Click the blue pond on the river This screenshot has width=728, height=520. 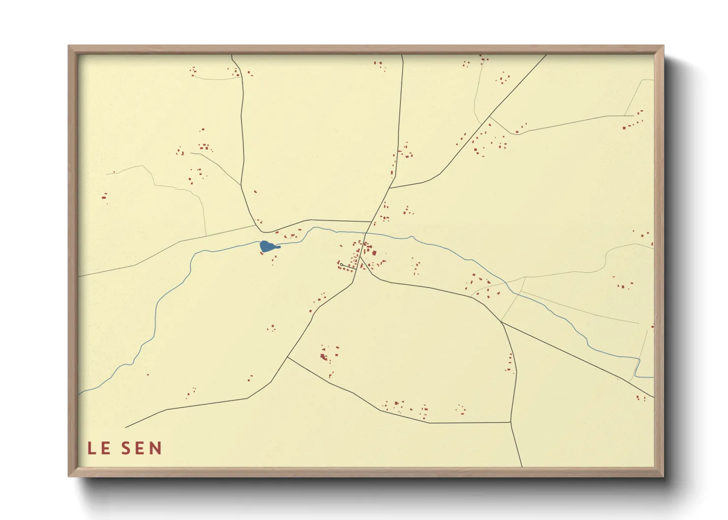coord(267,246)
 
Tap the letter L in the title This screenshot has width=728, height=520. coord(91,448)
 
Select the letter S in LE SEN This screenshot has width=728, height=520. coord(126,448)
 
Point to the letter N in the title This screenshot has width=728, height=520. coord(156,448)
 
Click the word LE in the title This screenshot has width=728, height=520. coord(98,448)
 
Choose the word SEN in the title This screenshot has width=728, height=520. coord(141,448)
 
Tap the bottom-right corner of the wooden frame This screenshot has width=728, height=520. coord(663,476)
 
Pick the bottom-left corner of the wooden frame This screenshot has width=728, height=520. coord(69,476)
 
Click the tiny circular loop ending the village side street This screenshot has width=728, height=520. coord(341,265)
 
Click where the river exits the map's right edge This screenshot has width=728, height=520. coord(653,377)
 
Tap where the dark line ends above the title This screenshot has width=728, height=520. coord(125,428)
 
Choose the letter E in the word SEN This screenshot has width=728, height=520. coord(141,448)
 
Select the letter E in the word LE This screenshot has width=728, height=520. coord(105,448)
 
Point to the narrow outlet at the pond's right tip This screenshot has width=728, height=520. coord(279,247)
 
